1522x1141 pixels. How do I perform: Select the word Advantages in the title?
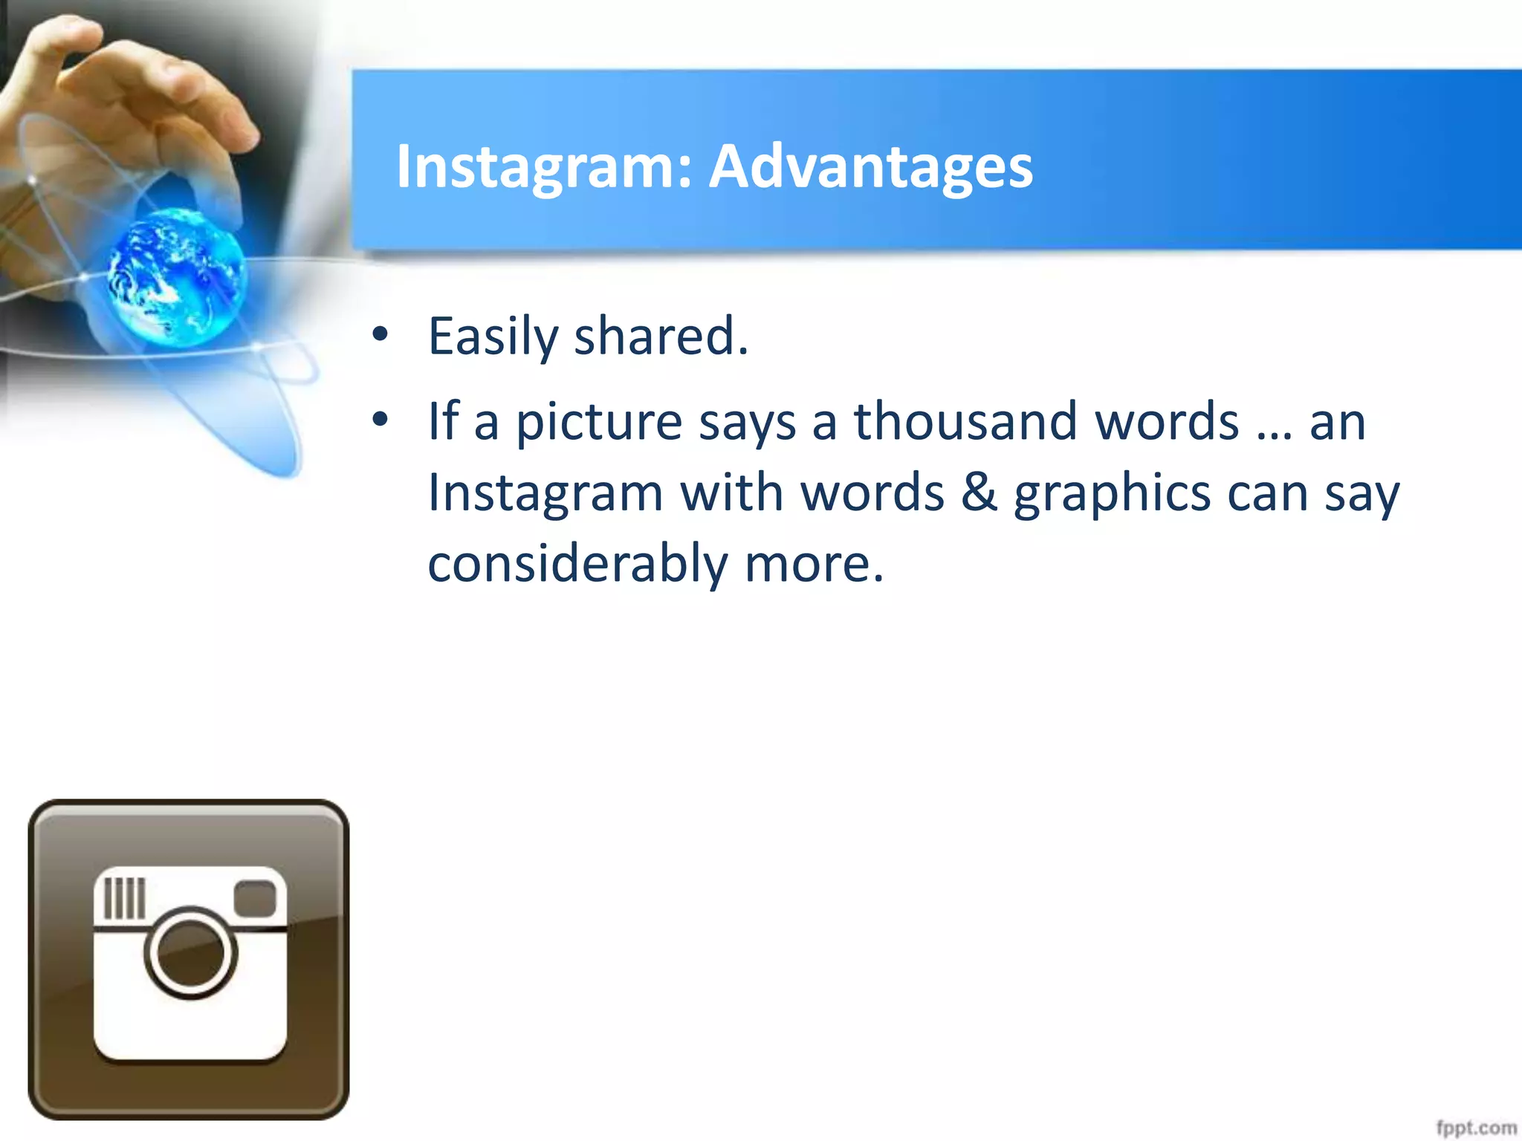pos(870,166)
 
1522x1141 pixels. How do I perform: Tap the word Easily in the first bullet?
pos(492,337)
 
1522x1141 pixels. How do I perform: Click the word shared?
pos(661,337)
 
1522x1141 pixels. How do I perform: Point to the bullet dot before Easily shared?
pos(380,334)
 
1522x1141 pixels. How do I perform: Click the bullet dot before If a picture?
pos(380,420)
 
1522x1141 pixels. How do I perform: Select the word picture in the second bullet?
pos(598,422)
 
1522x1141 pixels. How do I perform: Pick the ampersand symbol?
pos(979,493)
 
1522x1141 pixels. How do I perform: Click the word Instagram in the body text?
pos(545,494)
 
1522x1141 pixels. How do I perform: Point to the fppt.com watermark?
pos(1476,1128)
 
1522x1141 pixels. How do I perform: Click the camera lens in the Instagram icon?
pos(191,953)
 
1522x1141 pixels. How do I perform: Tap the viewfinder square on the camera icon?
pos(255,898)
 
